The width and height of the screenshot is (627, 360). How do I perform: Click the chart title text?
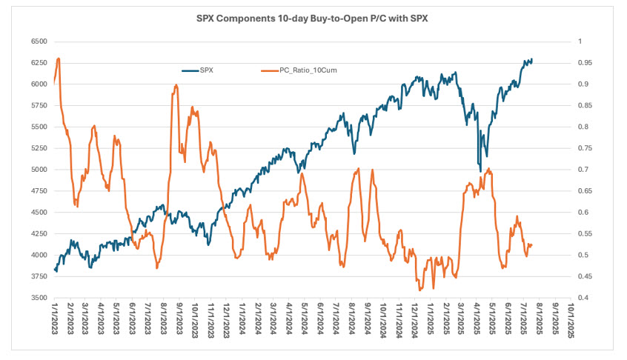click(313, 17)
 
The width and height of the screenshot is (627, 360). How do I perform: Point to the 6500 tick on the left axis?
click(37, 41)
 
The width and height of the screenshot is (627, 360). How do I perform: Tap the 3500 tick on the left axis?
click(37, 298)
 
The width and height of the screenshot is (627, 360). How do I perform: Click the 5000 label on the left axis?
click(37, 170)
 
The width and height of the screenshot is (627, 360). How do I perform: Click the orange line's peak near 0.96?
click(59, 59)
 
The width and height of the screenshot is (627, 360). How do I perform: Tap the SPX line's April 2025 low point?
click(480, 171)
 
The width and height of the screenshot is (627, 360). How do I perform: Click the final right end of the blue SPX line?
click(531, 59)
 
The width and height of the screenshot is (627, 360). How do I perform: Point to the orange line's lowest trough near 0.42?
click(420, 290)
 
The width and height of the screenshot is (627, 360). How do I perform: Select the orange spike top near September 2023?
click(176, 85)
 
